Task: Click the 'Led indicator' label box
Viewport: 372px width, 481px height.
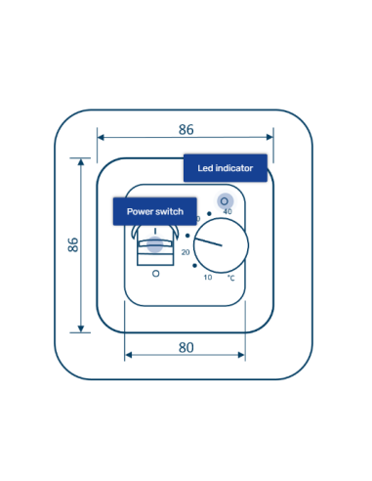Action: pyautogui.click(x=225, y=168)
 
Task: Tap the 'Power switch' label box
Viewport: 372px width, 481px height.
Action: pyautogui.click(x=155, y=210)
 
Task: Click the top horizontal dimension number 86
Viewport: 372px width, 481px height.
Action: pyautogui.click(x=186, y=128)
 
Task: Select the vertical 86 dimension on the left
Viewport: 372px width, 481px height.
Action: pyautogui.click(x=73, y=244)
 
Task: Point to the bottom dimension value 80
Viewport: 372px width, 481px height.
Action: pyautogui.click(x=186, y=347)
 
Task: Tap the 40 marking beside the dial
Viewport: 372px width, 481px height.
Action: pyautogui.click(x=227, y=211)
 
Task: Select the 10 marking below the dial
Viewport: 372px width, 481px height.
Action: pyautogui.click(x=207, y=278)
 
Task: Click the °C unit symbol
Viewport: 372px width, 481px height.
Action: pyautogui.click(x=231, y=278)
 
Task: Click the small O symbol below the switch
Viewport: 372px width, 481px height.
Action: pyautogui.click(x=155, y=276)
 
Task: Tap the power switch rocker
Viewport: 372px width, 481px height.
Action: pyautogui.click(x=155, y=243)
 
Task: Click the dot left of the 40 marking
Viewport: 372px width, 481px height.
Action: pyautogui.click(x=209, y=213)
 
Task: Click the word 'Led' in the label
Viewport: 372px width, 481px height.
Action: pyautogui.click(x=205, y=168)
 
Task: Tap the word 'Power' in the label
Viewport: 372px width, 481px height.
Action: pyautogui.click(x=141, y=210)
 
